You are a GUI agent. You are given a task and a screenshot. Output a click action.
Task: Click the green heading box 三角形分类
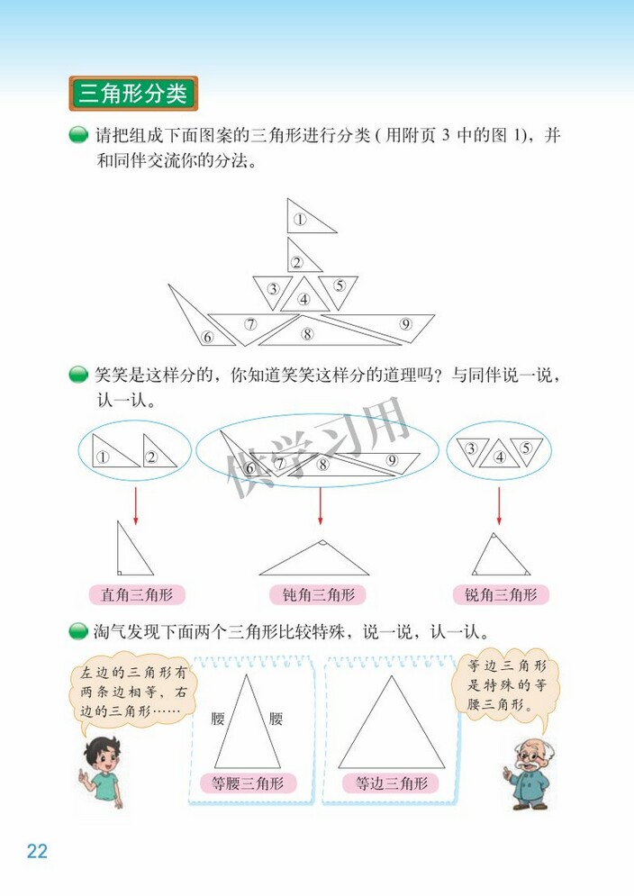click(x=133, y=94)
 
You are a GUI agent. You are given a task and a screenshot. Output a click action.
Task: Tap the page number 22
click(x=37, y=851)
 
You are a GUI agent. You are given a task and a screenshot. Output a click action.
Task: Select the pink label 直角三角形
click(x=137, y=594)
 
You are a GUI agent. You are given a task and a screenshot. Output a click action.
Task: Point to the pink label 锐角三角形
click(x=501, y=594)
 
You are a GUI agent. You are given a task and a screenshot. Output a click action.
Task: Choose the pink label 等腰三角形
click(x=248, y=783)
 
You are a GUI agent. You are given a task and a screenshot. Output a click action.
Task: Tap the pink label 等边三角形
click(x=390, y=783)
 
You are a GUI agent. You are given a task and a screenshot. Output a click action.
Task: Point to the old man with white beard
click(x=525, y=773)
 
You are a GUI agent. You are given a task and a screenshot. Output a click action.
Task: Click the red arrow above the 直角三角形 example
click(x=136, y=505)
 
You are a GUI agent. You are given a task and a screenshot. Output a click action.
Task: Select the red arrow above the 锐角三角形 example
click(x=499, y=505)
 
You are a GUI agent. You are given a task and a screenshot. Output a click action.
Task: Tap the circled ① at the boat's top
click(x=300, y=219)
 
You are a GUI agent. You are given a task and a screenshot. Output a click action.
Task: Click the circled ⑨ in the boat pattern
click(x=406, y=325)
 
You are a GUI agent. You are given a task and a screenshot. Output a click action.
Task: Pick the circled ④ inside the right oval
click(x=499, y=457)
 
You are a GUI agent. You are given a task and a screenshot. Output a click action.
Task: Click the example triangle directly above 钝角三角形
click(x=313, y=562)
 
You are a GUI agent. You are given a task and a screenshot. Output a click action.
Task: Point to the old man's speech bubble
click(x=507, y=684)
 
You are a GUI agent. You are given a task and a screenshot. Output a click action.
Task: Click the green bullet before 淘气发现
click(x=79, y=631)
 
